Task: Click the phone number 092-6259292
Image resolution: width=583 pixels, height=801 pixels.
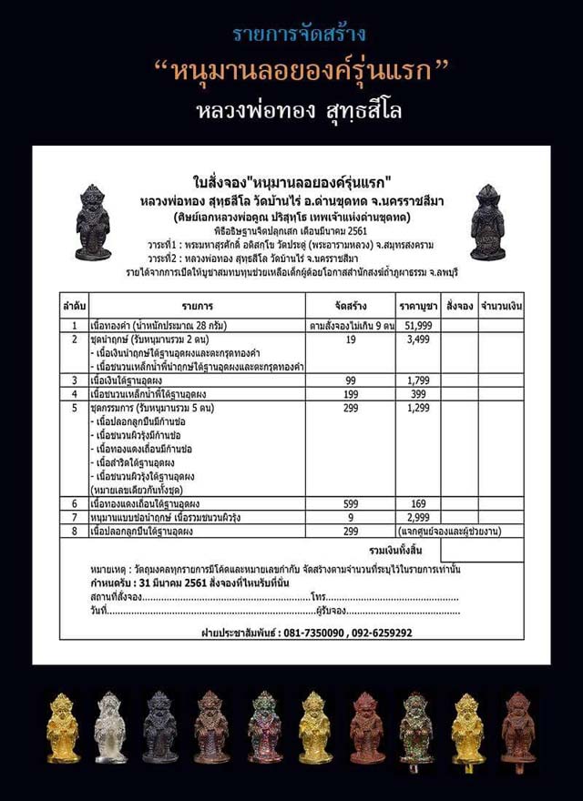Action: (x=375, y=631)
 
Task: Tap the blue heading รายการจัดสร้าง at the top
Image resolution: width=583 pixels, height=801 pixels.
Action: (x=291, y=35)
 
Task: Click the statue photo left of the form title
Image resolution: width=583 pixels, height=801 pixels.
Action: (x=93, y=223)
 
